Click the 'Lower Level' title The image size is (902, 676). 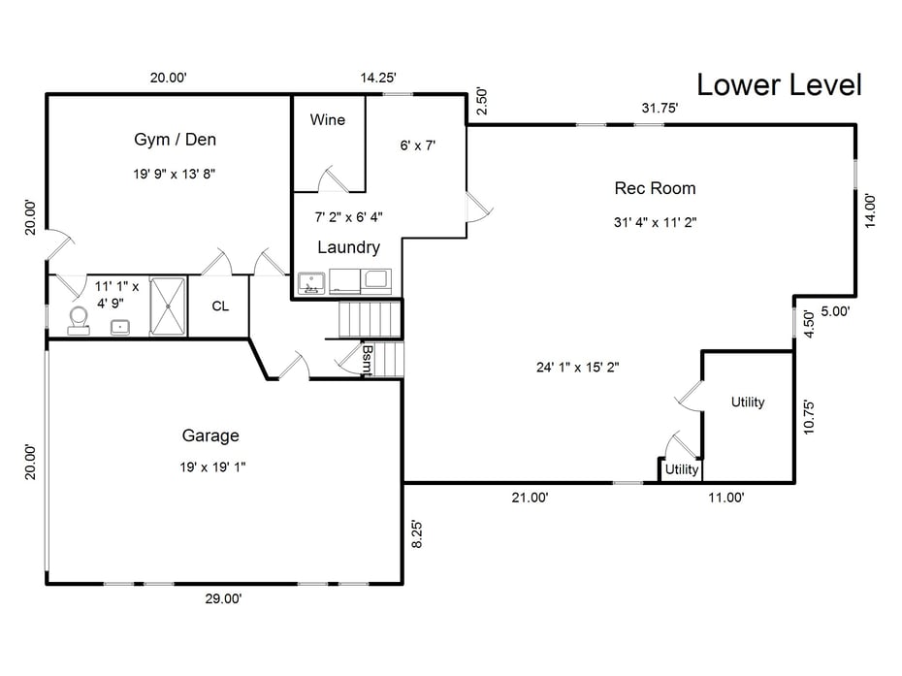[779, 84]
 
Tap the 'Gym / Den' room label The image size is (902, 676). [175, 140]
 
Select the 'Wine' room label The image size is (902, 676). [328, 120]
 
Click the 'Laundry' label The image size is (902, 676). [348, 247]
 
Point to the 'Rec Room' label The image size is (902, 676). [655, 188]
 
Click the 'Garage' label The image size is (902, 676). [210, 435]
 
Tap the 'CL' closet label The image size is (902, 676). [220, 306]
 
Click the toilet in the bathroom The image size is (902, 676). [78, 320]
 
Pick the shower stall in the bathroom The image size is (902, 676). [168, 306]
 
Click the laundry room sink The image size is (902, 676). [310, 283]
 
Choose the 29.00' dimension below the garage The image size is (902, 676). [222, 599]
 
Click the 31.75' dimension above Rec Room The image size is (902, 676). [660, 108]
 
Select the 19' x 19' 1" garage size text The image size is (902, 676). [213, 467]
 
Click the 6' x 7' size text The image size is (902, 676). [418, 145]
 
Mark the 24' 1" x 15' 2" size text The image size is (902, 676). [577, 367]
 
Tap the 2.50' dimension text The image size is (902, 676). [481, 100]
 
